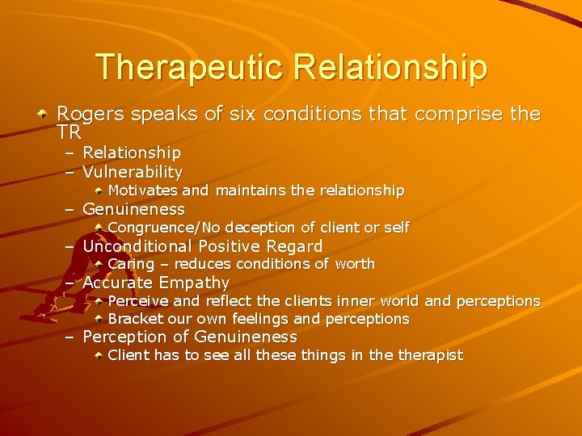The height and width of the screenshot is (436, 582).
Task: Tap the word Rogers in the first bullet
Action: pos(90,115)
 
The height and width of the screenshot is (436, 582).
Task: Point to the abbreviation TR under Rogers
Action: pos(70,132)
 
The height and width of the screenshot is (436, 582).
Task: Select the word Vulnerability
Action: pos(133,172)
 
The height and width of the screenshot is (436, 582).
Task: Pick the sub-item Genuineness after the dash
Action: pos(133,209)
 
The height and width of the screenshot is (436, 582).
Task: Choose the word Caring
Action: pos(130,264)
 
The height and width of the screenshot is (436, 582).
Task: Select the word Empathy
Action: pos(194,283)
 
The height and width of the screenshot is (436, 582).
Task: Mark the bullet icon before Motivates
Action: pos(99,191)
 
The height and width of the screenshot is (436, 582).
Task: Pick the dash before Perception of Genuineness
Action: pos(70,337)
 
